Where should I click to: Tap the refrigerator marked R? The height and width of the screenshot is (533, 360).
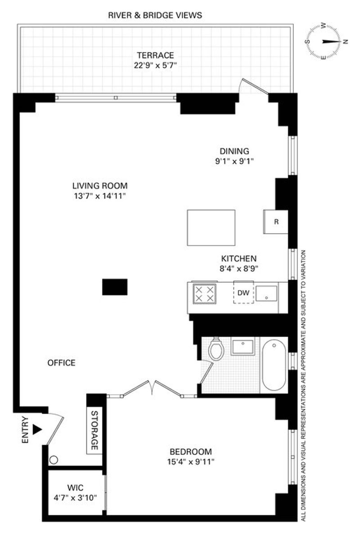[276, 221]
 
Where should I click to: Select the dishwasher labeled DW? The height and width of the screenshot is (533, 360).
[243, 292]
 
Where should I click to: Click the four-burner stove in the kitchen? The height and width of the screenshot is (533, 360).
[204, 294]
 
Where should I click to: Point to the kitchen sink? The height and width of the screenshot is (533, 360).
[266, 294]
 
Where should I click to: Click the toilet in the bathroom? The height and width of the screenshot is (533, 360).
[216, 349]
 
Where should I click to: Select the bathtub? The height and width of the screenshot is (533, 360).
[274, 366]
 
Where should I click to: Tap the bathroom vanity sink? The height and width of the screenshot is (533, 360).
[243, 346]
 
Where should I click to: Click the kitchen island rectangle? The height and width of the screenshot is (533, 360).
[211, 227]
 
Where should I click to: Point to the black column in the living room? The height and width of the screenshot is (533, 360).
[115, 287]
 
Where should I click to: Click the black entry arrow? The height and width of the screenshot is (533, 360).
[37, 429]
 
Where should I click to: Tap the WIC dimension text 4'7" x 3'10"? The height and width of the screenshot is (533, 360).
[75, 498]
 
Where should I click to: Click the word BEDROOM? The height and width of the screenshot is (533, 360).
[191, 452]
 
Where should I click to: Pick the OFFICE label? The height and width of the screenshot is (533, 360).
[62, 363]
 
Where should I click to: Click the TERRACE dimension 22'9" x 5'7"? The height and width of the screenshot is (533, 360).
[155, 65]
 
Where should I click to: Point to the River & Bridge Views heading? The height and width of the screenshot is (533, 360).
[155, 15]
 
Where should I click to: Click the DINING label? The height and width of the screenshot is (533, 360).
[234, 151]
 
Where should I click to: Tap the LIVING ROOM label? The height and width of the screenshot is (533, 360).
[100, 185]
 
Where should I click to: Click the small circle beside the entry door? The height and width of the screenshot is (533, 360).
[54, 460]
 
